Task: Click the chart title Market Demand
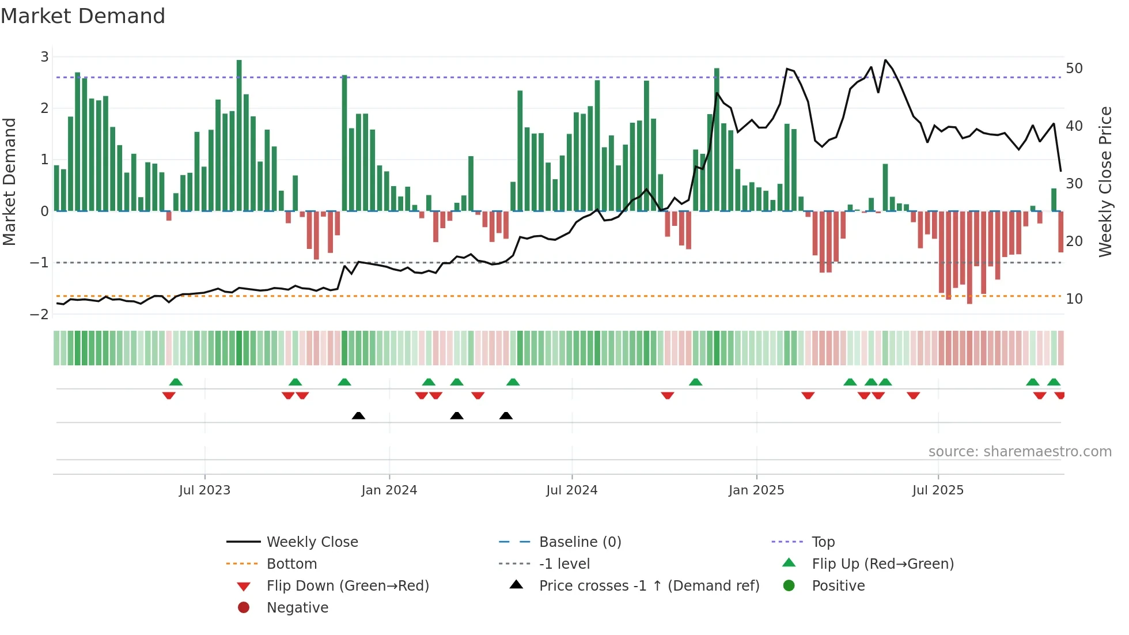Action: point(83,16)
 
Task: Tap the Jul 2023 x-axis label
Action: point(204,490)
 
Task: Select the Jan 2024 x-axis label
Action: point(389,490)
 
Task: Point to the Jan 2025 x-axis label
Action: point(756,490)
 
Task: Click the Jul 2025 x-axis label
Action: point(938,490)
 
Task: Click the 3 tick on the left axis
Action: point(44,57)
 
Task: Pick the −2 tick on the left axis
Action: point(39,315)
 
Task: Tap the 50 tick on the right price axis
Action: point(1074,69)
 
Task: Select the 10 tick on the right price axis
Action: point(1074,299)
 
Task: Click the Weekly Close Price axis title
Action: point(1105,182)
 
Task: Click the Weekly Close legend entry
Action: point(312,542)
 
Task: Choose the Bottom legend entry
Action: point(291,564)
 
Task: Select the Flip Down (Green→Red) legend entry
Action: point(347,586)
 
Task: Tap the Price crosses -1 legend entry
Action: point(649,586)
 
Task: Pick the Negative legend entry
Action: point(297,608)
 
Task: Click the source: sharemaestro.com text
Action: point(1020,452)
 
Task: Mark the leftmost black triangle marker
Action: point(358,415)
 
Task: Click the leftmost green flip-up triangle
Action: point(176,382)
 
